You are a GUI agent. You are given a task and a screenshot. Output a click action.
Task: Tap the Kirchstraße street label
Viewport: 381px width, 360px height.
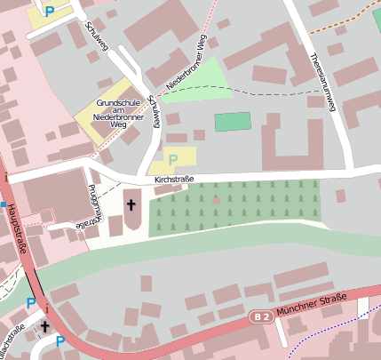(x=174, y=180)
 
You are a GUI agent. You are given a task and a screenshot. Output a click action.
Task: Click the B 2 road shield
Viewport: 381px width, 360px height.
(x=259, y=316)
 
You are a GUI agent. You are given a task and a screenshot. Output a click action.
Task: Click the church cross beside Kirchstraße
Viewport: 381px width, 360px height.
(x=131, y=205)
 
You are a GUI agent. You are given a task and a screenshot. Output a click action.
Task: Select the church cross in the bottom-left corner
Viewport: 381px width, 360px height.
(x=45, y=327)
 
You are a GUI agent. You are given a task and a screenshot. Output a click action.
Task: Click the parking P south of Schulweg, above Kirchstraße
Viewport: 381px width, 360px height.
(x=173, y=159)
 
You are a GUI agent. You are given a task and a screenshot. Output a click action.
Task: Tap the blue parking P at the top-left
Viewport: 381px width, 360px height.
(x=50, y=12)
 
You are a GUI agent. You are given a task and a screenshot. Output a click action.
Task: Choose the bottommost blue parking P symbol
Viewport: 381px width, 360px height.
(x=60, y=340)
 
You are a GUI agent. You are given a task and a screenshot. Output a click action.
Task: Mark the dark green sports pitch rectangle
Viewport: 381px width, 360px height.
(x=233, y=122)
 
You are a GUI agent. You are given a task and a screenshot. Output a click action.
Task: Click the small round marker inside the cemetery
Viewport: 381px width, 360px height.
(x=216, y=201)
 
